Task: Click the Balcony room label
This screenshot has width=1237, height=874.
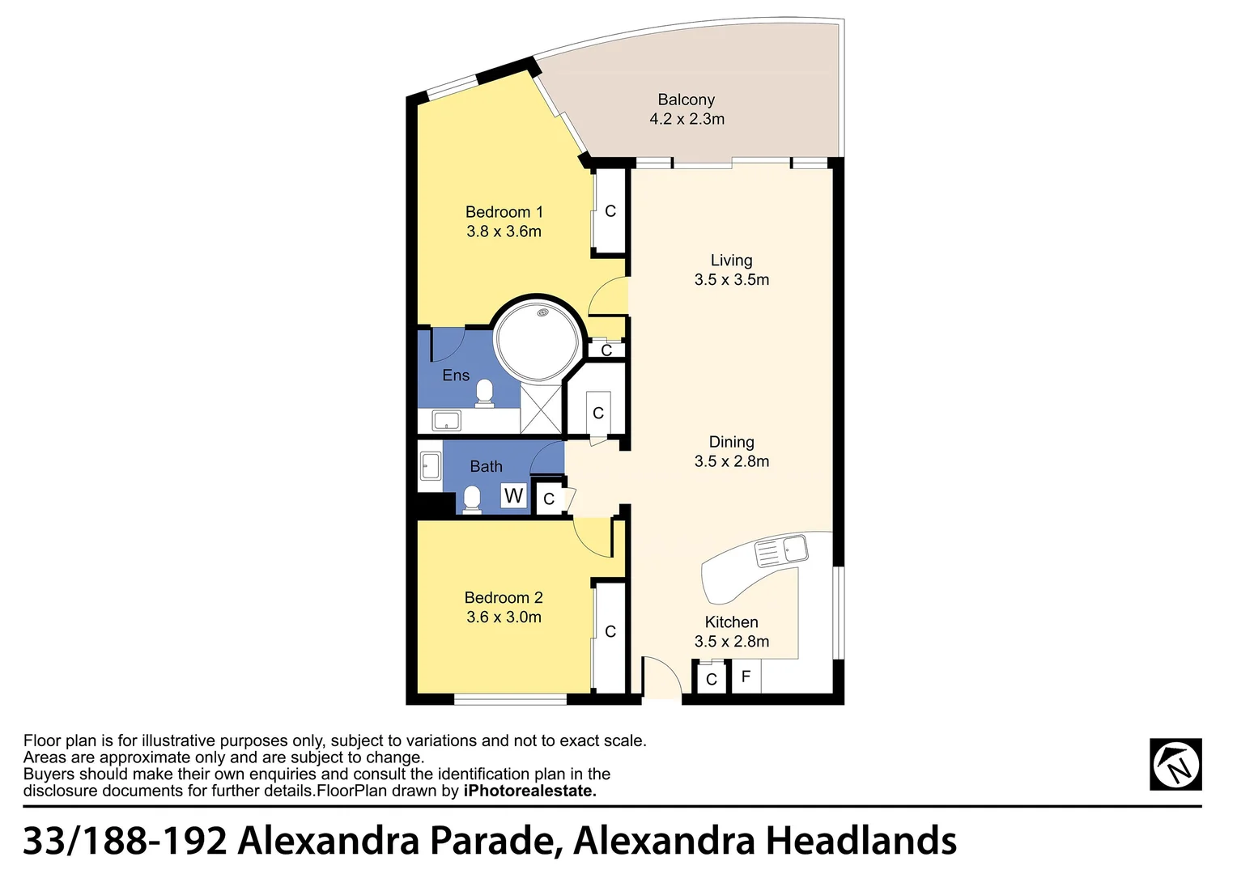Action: tap(686, 100)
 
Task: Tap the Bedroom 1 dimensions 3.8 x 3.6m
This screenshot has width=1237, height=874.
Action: tap(504, 231)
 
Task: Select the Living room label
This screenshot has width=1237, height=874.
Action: tap(731, 261)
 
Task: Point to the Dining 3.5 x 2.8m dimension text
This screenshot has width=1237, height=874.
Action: tap(731, 461)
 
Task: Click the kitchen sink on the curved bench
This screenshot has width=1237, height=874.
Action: tap(781, 551)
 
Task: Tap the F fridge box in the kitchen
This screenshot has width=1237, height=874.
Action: tap(746, 677)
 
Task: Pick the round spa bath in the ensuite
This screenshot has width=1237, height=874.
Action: tap(538, 340)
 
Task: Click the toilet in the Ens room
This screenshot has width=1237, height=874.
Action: tap(485, 392)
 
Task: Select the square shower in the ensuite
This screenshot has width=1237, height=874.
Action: tap(540, 409)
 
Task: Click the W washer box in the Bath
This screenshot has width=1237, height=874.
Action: tap(513, 495)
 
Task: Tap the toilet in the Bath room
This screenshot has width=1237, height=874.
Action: tap(472, 499)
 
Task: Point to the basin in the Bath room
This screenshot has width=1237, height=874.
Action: tap(430, 466)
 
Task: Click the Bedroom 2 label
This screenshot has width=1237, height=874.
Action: tap(504, 598)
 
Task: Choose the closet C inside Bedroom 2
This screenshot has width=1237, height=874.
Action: tap(610, 631)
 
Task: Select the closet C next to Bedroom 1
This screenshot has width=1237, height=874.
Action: tap(610, 211)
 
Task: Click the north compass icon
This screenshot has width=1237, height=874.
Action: tap(1175, 764)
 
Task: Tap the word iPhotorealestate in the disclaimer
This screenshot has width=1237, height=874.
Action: tap(529, 791)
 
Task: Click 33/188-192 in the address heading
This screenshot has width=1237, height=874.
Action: tap(125, 841)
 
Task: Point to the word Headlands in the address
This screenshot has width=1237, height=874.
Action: tap(861, 841)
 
